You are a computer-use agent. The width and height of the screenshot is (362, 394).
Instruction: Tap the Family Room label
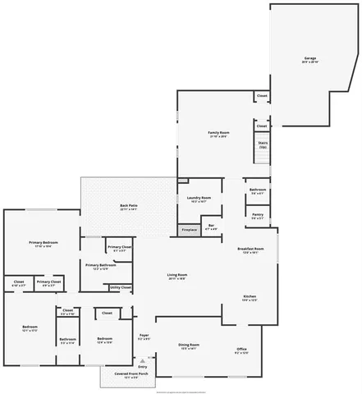(218, 133)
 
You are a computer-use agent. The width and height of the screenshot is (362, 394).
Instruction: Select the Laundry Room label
(199, 198)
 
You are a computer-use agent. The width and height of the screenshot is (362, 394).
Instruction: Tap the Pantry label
(258, 217)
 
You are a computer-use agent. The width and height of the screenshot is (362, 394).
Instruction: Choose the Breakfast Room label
(250, 250)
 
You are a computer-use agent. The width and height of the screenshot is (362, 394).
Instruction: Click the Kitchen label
(250, 298)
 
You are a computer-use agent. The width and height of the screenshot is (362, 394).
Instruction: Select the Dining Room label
(190, 347)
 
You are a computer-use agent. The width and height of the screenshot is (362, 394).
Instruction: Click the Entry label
(143, 367)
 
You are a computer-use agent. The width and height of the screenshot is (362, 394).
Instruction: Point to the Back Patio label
(129, 208)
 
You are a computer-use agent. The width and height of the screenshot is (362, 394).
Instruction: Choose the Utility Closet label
(120, 287)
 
